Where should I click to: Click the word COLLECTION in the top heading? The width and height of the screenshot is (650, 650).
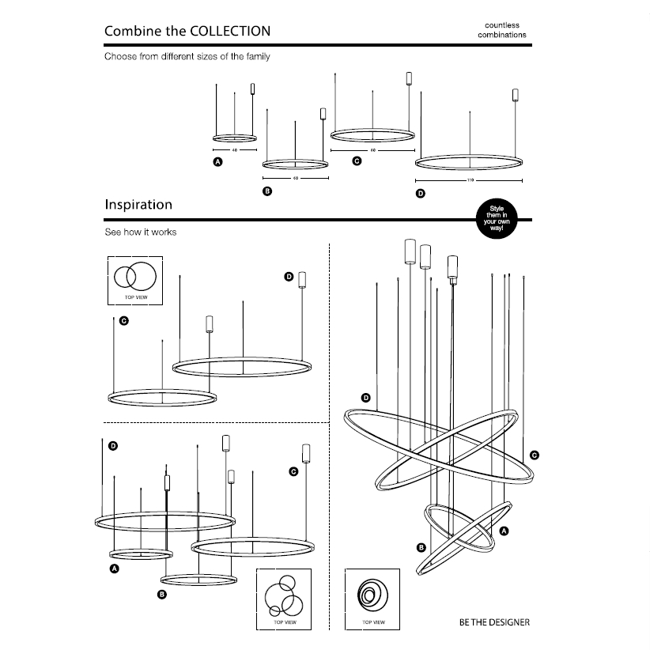pyautogui.click(x=230, y=32)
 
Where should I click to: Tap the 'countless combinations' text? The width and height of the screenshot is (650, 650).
pyautogui.click(x=501, y=30)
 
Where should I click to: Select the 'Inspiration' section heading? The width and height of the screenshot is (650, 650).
pyautogui.click(x=138, y=205)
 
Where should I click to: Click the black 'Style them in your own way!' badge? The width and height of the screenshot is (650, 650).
pyautogui.click(x=496, y=218)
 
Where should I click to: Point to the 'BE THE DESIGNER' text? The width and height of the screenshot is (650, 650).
pyautogui.click(x=494, y=622)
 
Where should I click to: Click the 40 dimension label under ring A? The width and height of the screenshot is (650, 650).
pyautogui.click(x=235, y=149)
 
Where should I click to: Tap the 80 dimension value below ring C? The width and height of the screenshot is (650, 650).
pyautogui.click(x=372, y=149)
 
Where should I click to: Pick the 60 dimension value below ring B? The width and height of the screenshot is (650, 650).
pyautogui.click(x=295, y=178)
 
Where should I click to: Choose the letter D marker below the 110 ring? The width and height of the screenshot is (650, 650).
pyautogui.click(x=420, y=194)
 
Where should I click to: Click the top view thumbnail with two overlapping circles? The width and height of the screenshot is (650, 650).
pyautogui.click(x=134, y=278)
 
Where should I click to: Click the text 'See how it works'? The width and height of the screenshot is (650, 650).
pyautogui.click(x=141, y=232)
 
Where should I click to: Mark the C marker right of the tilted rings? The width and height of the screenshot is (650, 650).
pyautogui.click(x=535, y=455)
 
